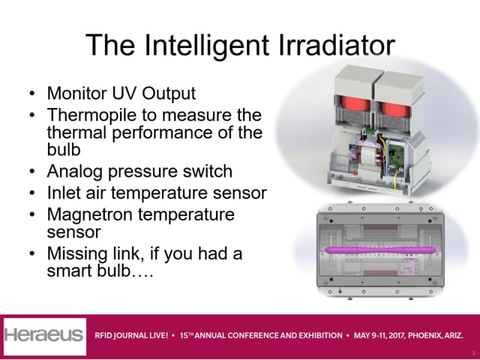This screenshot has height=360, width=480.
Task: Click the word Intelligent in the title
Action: [206, 45]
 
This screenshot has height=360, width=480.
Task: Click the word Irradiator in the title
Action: [337, 45]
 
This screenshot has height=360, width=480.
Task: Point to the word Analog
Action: [74, 172]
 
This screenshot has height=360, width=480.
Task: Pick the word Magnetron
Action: [90, 215]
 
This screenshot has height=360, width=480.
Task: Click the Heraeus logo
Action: [45, 336]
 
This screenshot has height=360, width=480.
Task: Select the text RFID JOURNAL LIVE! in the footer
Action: [131, 336]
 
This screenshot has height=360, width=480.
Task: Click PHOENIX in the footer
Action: [424, 336]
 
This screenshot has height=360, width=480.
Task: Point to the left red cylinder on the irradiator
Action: [355, 103]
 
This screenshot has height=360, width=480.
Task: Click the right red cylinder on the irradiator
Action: [395, 109]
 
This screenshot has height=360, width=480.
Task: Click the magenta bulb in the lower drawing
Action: [380, 250]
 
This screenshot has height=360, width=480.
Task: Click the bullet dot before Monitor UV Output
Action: [32, 93]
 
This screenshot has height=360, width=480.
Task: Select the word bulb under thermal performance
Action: [64, 150]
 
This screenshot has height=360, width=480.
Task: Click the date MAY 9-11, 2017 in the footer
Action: [379, 336]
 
